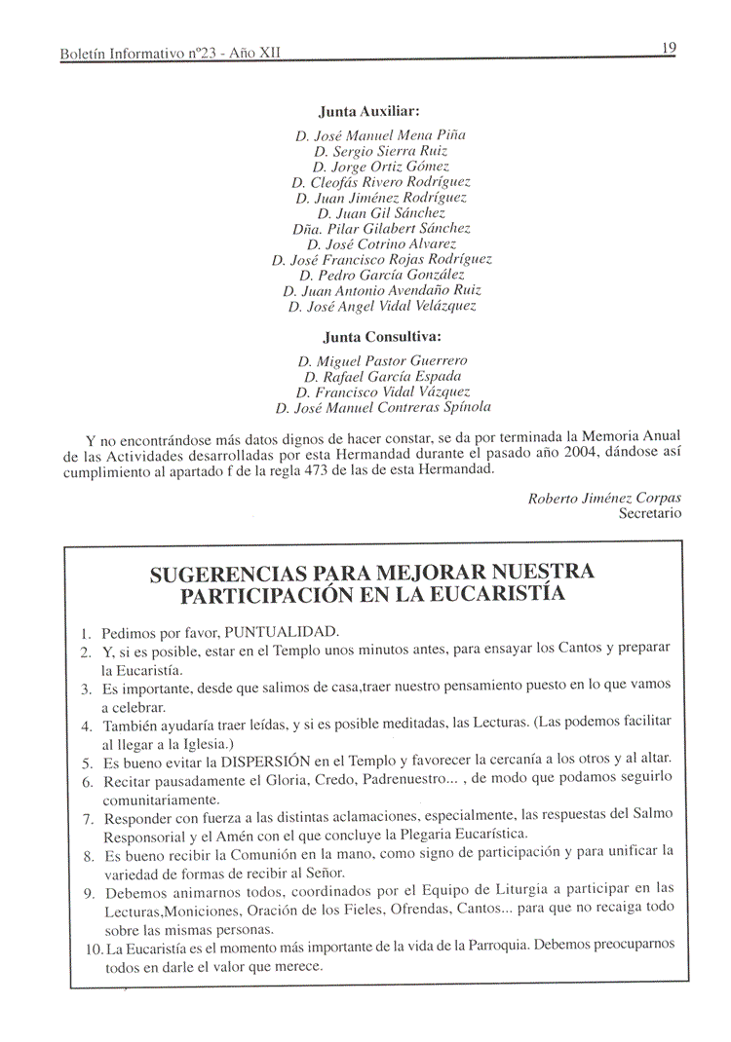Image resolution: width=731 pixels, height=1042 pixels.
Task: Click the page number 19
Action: [668, 48]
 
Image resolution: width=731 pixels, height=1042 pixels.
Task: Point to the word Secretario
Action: [649, 513]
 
